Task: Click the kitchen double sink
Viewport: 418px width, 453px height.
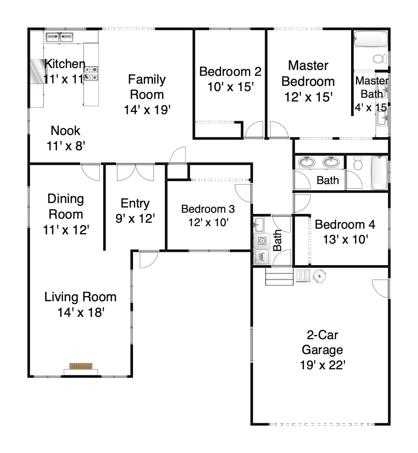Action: [x=59, y=37]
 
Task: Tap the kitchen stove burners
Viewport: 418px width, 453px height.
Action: [x=91, y=73]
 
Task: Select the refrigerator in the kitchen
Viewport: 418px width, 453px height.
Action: [x=38, y=72]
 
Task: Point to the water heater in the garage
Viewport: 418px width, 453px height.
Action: [x=319, y=276]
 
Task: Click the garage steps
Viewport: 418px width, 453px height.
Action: [x=279, y=277]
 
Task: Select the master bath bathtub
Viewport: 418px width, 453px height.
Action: [x=370, y=39]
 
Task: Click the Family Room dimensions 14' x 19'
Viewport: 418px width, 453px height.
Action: [x=147, y=110]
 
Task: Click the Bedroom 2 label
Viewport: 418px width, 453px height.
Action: [x=230, y=72]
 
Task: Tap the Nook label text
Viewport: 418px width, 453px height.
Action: [x=65, y=131]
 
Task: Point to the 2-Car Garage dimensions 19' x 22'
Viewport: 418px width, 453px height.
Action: [x=323, y=365]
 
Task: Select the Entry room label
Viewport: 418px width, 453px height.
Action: [x=135, y=203]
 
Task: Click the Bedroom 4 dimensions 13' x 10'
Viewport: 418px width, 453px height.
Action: [x=346, y=240]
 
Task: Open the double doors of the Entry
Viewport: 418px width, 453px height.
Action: [x=135, y=172]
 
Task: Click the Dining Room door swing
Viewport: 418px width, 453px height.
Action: [x=91, y=172]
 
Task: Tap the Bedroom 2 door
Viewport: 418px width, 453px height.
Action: [x=254, y=130]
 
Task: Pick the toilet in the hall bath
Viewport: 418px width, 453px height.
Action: [x=358, y=163]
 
